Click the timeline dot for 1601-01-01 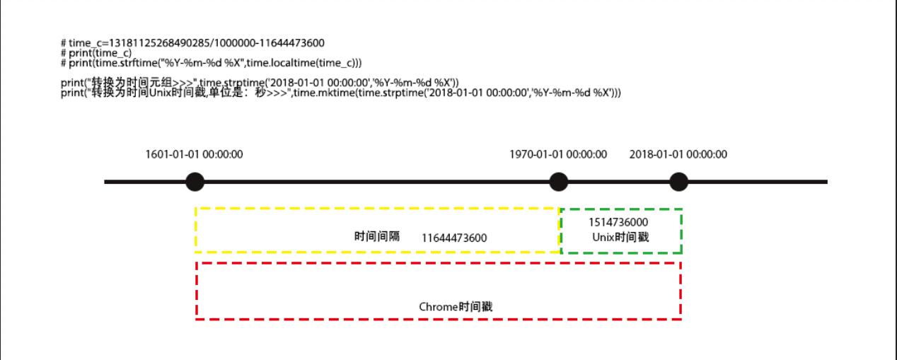(195, 182)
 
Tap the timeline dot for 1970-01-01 (559, 182)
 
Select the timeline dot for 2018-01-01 (678, 182)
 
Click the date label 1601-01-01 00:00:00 (194, 154)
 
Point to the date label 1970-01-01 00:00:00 (558, 154)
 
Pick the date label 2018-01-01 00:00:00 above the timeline (678, 154)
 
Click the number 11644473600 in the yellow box (454, 238)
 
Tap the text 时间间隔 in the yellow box (377, 236)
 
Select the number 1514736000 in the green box (618, 222)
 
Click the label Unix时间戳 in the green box (620, 237)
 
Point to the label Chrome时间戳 (456, 307)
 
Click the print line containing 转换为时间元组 (260, 83)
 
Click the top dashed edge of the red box (439, 263)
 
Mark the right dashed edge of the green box (681, 231)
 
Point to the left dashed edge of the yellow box (196, 230)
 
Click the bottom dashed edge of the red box (439, 319)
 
